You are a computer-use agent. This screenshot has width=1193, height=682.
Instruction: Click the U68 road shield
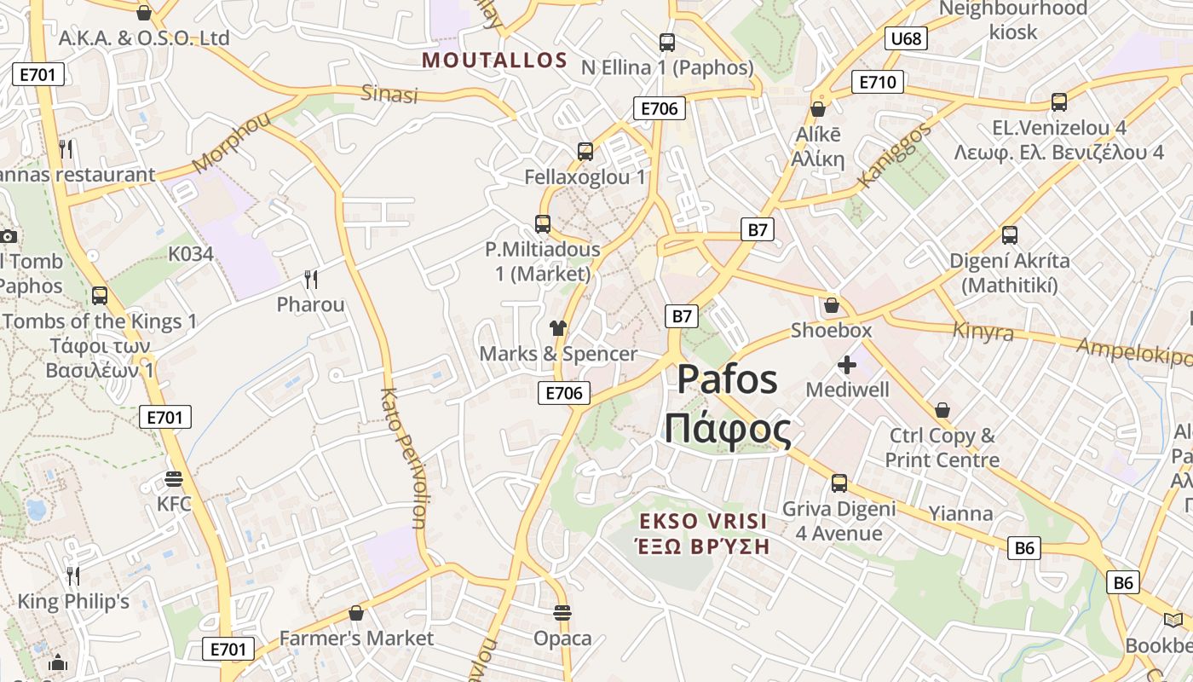pos(906,38)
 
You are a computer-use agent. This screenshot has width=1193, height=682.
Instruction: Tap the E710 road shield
pos(877,83)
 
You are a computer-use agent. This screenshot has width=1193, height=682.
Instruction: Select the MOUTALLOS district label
pos(494,61)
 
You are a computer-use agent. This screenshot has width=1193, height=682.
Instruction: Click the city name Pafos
pos(728,379)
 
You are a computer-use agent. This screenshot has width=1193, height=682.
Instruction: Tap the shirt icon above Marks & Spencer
pos(558,327)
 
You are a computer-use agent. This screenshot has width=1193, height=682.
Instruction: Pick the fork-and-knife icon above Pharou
pos(311,279)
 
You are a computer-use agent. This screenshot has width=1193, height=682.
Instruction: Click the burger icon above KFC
pos(174,478)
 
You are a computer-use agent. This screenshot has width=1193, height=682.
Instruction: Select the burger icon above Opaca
pos(562,612)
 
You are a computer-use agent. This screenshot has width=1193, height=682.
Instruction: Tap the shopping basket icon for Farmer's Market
pos(356,613)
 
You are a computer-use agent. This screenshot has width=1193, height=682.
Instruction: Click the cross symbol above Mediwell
pos(847,365)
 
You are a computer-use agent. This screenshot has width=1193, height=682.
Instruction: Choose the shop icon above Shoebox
pos(832,304)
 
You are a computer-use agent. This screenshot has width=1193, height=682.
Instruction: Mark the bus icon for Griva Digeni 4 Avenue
pos(839,483)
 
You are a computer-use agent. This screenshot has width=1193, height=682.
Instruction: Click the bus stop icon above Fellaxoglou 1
pos(585,152)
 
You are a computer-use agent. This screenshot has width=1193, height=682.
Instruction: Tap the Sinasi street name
pos(389,94)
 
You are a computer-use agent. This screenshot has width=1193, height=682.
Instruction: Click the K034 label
pos(190,253)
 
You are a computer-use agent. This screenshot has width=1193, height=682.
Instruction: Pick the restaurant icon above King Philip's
pos(73,576)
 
